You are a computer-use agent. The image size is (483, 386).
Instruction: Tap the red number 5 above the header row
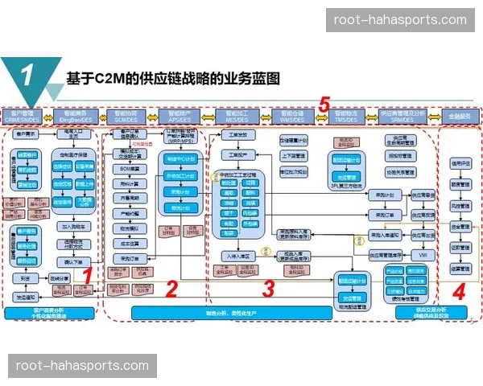324,104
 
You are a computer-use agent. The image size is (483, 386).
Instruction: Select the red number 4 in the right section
459,292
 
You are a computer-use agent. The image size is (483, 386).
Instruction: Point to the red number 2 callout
171,288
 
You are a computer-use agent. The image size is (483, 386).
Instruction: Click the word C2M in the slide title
108,78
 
